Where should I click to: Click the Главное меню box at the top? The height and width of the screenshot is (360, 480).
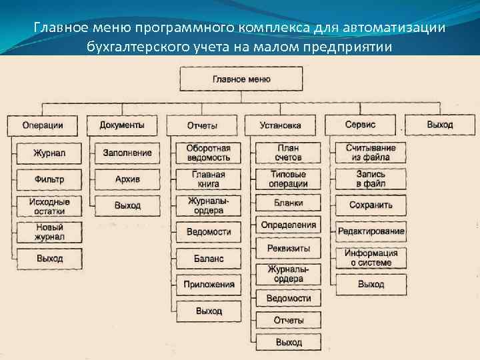pyautogui.click(x=241, y=79)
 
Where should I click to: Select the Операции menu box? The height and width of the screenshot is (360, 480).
pyautogui.click(x=43, y=125)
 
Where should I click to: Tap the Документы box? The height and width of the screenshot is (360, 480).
pyautogui.click(x=122, y=125)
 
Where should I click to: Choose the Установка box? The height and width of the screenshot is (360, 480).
pyautogui.click(x=281, y=125)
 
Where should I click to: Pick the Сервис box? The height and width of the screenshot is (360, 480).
pyautogui.click(x=361, y=125)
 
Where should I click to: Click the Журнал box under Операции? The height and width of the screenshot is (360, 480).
pyautogui.click(x=50, y=153)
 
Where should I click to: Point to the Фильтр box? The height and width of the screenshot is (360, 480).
pyautogui.click(x=50, y=179)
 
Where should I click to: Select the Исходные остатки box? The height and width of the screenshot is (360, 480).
pyautogui.click(x=50, y=206)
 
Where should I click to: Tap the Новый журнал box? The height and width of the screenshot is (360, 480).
pyautogui.click(x=50, y=232)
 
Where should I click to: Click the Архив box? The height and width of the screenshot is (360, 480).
pyautogui.click(x=127, y=179)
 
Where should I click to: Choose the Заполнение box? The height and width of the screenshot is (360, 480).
pyautogui.click(x=127, y=153)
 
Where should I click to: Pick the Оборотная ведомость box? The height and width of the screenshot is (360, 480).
pyautogui.click(x=209, y=153)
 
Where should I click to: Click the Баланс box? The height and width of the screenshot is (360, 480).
pyautogui.click(x=209, y=258)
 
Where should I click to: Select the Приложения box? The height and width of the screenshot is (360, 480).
pyautogui.click(x=209, y=285)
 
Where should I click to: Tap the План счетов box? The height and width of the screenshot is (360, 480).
pyautogui.click(x=288, y=153)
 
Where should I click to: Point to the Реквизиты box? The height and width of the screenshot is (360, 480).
pyautogui.click(x=288, y=249)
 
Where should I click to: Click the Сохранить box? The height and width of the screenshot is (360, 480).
pyautogui.click(x=371, y=205)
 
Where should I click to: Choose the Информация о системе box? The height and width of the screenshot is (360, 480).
pyautogui.click(x=371, y=258)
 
